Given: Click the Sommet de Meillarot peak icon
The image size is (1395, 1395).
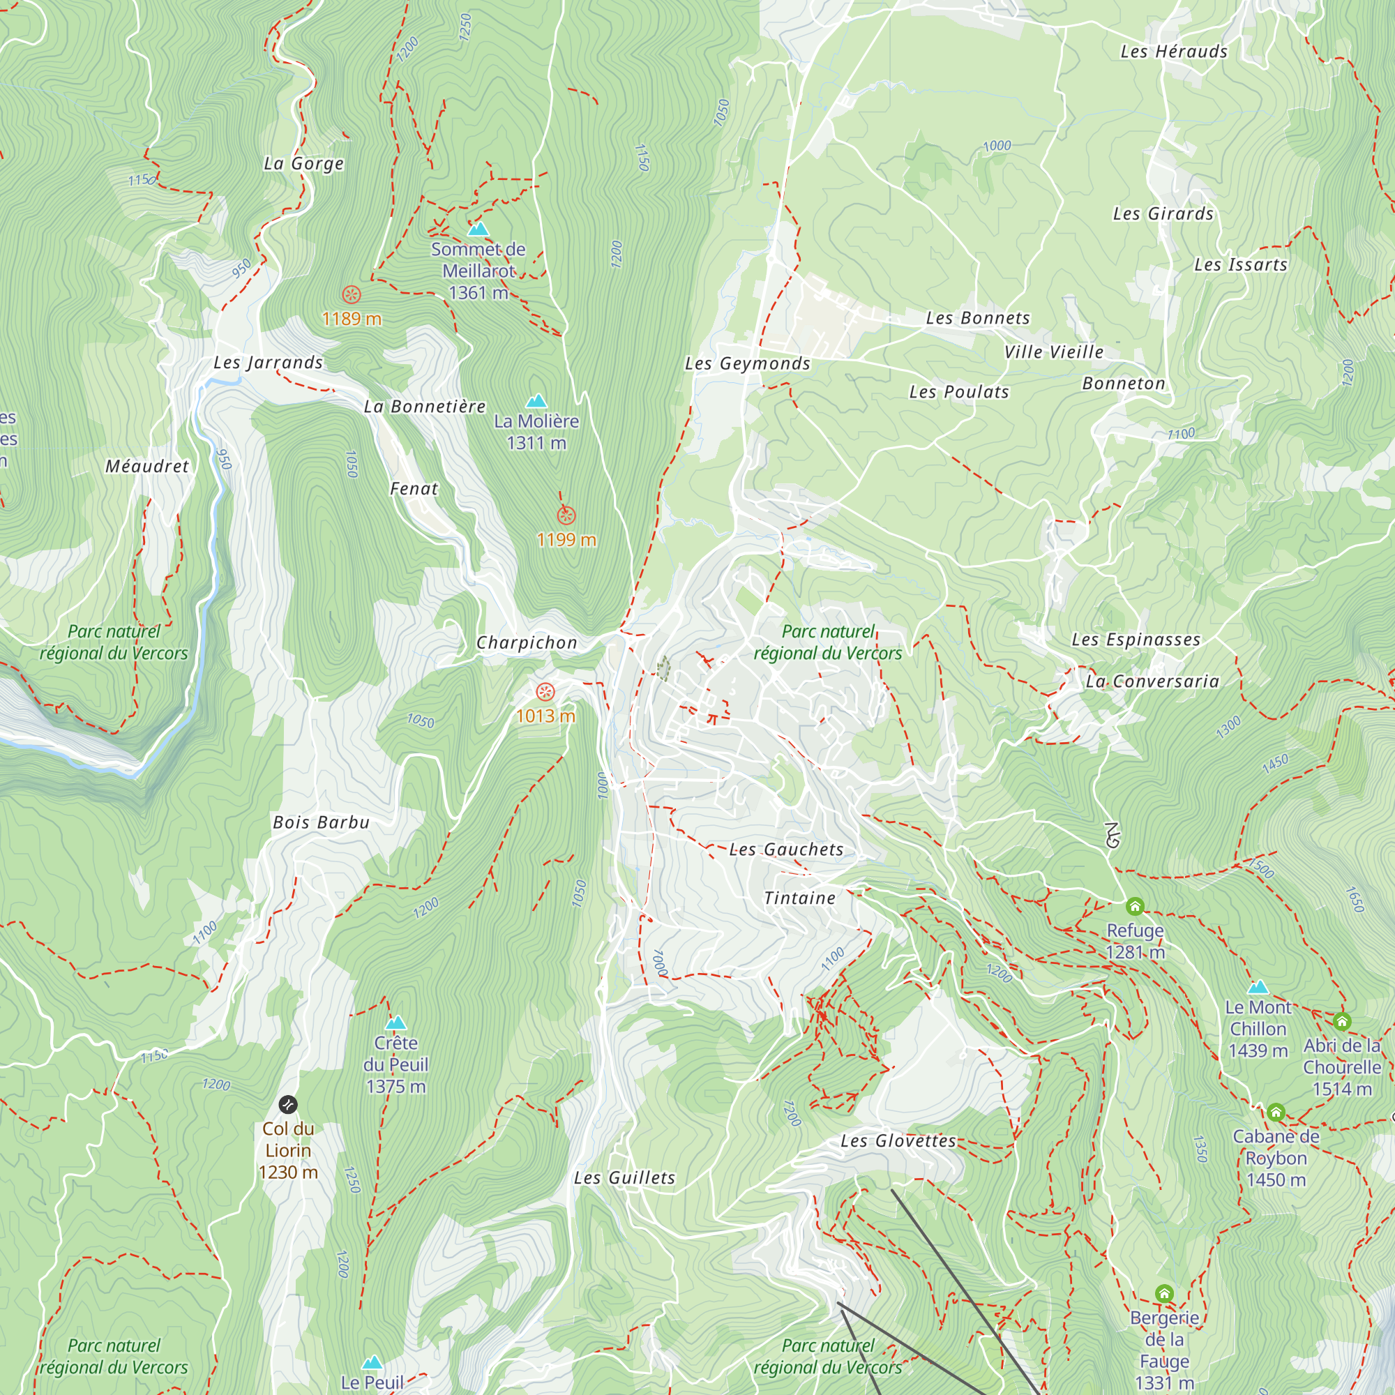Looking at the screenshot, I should tap(478, 229).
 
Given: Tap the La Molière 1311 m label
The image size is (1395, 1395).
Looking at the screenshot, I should tap(536, 432).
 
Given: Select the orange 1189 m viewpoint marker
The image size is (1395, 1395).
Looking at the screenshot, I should tap(352, 294).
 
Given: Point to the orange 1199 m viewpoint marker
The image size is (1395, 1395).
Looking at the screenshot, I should tap(567, 515).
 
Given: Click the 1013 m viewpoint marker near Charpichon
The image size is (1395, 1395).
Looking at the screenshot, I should tap(546, 693).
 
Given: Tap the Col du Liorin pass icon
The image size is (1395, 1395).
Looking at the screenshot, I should tap(288, 1105).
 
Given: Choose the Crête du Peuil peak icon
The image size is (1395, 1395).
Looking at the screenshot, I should tap(395, 1023).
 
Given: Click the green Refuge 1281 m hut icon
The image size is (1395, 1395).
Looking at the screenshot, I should tap(1135, 906).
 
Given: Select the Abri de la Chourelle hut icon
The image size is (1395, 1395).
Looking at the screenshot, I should tap(1342, 1021).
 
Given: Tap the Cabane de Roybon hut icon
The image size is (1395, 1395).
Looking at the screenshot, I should tap(1276, 1112).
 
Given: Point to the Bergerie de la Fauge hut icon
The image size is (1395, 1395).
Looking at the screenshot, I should tap(1164, 1293).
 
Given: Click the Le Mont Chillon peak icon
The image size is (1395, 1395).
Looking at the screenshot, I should tap(1258, 987).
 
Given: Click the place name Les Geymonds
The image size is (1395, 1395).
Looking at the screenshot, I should tap(747, 364).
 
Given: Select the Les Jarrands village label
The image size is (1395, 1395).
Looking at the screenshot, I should tap(268, 363).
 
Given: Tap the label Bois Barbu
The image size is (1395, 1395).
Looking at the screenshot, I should tap(322, 822).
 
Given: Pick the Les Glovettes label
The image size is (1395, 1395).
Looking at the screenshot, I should tap(898, 1141).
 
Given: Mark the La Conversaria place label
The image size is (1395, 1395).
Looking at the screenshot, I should tap(1152, 681).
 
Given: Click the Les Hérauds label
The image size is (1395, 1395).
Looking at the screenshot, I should tap(1173, 51).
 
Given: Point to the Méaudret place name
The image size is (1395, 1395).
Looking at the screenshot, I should tap(147, 467).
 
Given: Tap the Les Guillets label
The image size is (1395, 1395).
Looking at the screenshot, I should tap(624, 1177).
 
